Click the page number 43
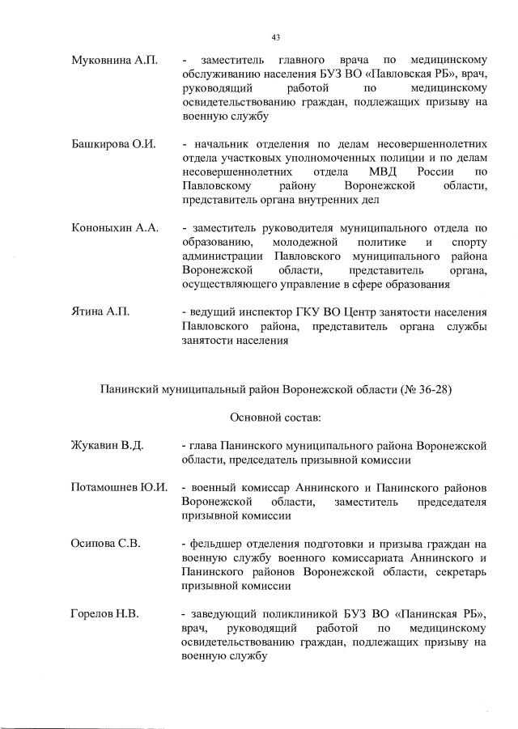tap(276, 37)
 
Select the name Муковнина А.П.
tap(114, 61)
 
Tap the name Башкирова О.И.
tap(113, 145)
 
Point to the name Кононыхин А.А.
tap(114, 228)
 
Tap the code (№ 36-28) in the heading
tap(426, 389)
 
